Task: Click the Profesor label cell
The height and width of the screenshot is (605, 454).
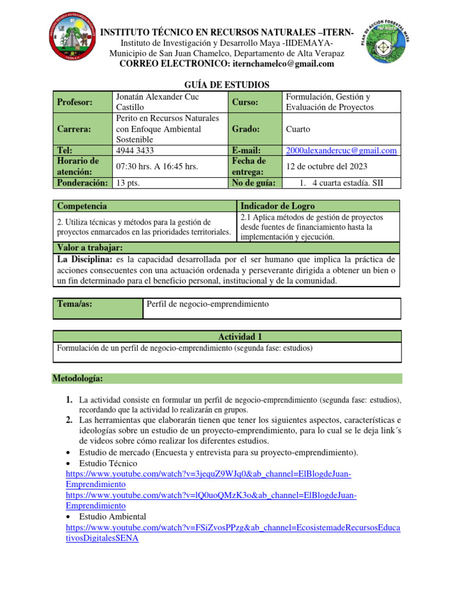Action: pos(74,102)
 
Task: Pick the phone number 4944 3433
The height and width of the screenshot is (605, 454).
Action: pos(137,150)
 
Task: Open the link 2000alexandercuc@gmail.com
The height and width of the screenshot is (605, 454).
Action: pos(341,151)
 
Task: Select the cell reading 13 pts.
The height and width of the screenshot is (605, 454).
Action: pos(128,183)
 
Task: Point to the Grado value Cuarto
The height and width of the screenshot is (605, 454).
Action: pos(298,129)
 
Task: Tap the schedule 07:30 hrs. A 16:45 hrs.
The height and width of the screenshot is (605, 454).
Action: pos(156,166)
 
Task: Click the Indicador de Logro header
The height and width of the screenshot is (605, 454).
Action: pos(274,206)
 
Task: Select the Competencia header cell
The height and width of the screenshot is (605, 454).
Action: pos(82,206)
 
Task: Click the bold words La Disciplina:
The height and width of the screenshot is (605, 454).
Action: pos(85,259)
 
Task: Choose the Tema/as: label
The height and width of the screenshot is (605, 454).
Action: pos(74,304)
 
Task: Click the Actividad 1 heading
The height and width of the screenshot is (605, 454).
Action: pos(227,336)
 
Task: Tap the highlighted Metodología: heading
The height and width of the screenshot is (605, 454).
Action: pos(79,378)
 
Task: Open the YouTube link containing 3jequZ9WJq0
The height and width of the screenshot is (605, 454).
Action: pos(208,474)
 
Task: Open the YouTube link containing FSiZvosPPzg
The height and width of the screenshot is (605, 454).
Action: pos(232,528)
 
